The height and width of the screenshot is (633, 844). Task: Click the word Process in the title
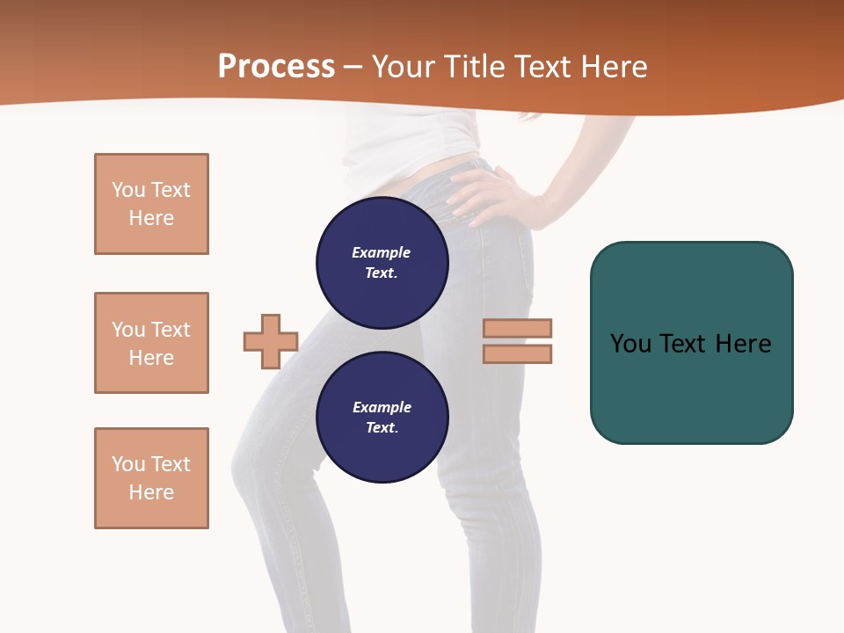coord(276,67)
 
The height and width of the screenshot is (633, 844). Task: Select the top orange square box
coord(151,204)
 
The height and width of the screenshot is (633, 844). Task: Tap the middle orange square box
coord(151,343)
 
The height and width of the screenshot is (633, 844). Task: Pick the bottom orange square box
coord(151,478)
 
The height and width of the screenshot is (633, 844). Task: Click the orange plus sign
coord(271,341)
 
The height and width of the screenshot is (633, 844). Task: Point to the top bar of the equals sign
coord(517,328)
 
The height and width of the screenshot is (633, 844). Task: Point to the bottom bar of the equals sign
coord(517,353)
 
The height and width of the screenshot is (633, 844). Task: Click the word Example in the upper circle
coord(381,252)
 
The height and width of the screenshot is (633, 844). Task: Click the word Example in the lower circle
coord(382,407)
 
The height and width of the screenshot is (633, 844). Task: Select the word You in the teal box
coord(630,344)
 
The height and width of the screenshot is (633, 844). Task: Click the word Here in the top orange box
coord(151,218)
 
